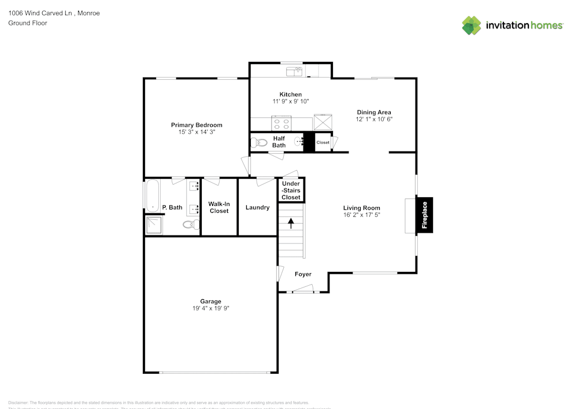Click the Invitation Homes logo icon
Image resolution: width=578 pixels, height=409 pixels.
[x=472, y=25]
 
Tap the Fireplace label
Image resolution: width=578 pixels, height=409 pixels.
[x=424, y=215]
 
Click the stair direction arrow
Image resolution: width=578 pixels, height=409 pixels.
[x=291, y=222]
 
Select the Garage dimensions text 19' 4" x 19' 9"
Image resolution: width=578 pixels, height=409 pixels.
[x=211, y=309]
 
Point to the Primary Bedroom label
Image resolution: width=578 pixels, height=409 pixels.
[x=197, y=125]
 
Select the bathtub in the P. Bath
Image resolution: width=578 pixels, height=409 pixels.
[x=152, y=196]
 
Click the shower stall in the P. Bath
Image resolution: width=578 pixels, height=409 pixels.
[x=154, y=225]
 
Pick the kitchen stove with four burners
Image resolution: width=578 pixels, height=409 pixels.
[x=282, y=123]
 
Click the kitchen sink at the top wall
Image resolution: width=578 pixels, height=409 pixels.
[x=295, y=71]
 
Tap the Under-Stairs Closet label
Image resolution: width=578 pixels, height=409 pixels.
[x=291, y=190]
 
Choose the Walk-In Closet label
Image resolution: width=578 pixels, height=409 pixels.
[x=219, y=207]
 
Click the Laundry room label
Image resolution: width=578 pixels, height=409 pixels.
[x=257, y=207]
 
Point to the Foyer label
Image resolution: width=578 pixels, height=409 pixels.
[x=303, y=274]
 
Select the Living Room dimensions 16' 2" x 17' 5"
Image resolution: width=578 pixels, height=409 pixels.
[x=361, y=215]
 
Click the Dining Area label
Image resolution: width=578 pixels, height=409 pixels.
[x=373, y=112]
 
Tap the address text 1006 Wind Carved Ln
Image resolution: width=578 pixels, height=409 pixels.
[x=40, y=13]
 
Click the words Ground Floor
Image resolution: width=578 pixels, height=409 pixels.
[x=28, y=23]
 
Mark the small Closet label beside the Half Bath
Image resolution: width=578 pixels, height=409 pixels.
[x=323, y=142]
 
